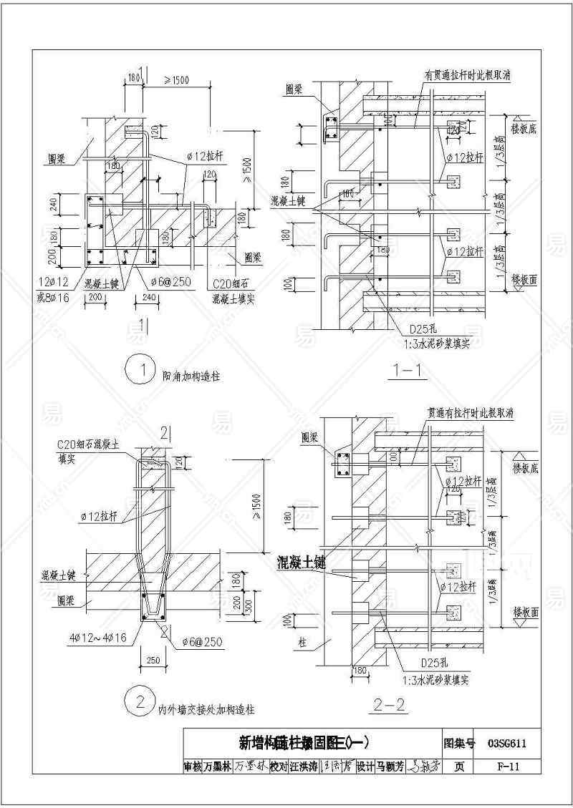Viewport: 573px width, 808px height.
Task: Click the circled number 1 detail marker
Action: click(134, 371)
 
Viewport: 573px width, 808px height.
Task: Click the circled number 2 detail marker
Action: click(134, 701)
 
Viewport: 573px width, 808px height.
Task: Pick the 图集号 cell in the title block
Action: click(459, 743)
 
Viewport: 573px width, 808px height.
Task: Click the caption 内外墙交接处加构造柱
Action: click(206, 709)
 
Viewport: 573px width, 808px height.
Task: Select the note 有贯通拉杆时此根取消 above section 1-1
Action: click(471, 74)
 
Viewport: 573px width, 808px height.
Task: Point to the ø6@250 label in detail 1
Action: click(171, 282)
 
